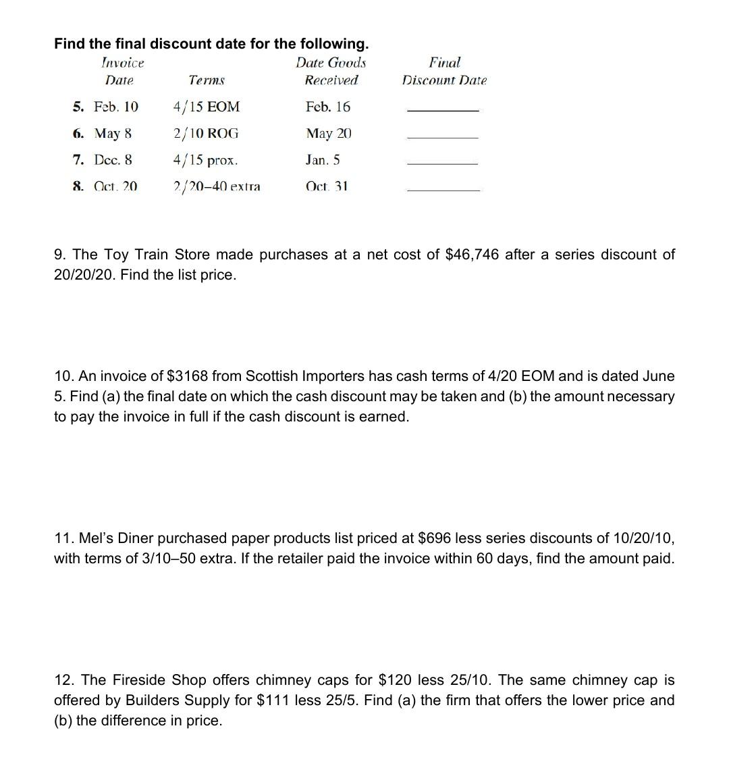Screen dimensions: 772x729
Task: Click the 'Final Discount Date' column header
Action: (x=444, y=72)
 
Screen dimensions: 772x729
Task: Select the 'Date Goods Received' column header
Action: (x=331, y=72)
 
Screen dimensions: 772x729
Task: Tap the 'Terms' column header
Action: (x=207, y=80)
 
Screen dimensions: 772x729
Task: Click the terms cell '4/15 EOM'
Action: (x=207, y=107)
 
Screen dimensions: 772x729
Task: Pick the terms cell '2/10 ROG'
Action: (x=206, y=133)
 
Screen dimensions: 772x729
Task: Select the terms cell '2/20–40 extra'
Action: (x=217, y=186)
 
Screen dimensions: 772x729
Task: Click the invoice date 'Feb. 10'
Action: (x=116, y=107)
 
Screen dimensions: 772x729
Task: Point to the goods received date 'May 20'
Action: (x=329, y=133)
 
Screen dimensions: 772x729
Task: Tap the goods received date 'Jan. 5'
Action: (x=323, y=160)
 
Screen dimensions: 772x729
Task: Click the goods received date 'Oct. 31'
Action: (x=327, y=186)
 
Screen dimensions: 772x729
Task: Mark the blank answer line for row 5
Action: (x=443, y=109)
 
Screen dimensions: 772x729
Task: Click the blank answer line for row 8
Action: (x=443, y=190)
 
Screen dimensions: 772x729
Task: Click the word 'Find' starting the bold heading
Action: (x=70, y=44)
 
